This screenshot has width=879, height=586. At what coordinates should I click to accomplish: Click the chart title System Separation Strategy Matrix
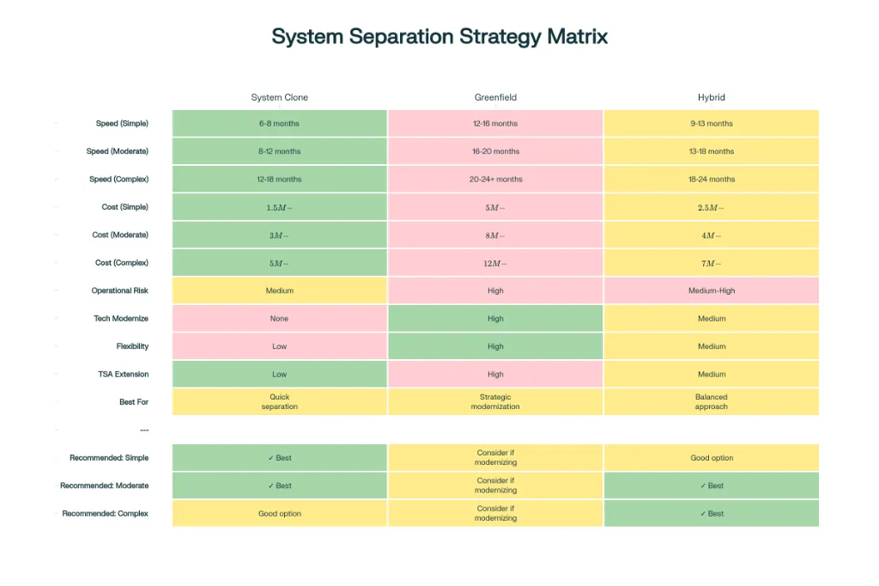pyautogui.click(x=439, y=36)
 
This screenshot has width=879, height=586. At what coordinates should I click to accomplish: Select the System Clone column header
pyautogui.click(x=279, y=98)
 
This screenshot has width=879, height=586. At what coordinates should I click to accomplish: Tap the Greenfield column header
pyautogui.click(x=495, y=98)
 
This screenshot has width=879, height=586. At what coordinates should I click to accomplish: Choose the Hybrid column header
pyautogui.click(x=712, y=98)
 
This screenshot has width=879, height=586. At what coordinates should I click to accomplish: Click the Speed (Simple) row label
pyautogui.click(x=122, y=124)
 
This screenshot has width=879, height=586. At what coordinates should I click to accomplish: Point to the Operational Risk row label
pyautogui.click(x=120, y=290)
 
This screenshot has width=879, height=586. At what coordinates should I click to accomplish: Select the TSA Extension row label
pyautogui.click(x=123, y=375)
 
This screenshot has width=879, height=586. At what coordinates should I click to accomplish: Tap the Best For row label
pyautogui.click(x=134, y=402)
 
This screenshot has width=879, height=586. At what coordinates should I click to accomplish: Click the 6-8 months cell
pyautogui.click(x=279, y=124)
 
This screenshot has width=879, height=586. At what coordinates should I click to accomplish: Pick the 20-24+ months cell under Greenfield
pyautogui.click(x=495, y=180)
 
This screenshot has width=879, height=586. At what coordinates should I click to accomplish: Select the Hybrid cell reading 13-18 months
pyautogui.click(x=712, y=151)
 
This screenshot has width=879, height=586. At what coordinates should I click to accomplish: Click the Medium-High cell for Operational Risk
pyautogui.click(x=712, y=290)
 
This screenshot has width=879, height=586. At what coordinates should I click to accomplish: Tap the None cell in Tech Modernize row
pyautogui.click(x=279, y=319)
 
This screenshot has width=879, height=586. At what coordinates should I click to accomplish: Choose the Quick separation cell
pyautogui.click(x=279, y=402)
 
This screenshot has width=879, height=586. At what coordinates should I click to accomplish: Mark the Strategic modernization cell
pyautogui.click(x=495, y=402)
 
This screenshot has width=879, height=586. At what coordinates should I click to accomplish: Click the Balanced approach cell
pyautogui.click(x=712, y=402)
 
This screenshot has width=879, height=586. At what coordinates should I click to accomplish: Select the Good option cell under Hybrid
pyautogui.click(x=712, y=458)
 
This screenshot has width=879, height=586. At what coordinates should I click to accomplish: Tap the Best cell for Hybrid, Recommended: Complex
pyautogui.click(x=712, y=514)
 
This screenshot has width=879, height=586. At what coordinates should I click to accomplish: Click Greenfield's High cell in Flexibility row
pyautogui.click(x=495, y=346)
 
